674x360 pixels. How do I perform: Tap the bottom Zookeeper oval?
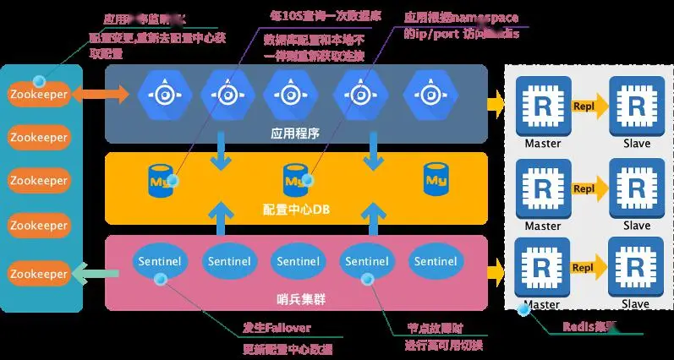(37, 274)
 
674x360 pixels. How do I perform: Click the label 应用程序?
(295, 133)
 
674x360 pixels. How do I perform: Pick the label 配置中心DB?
(295, 209)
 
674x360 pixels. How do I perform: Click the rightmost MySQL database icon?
(436, 178)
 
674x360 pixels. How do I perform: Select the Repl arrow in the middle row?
(589, 188)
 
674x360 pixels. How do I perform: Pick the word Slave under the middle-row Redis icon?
(636, 226)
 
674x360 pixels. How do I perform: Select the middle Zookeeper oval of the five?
(37, 181)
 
